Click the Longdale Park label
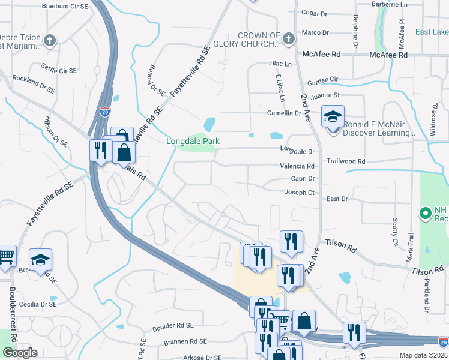(x=193, y=142)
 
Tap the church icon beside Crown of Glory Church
(x=289, y=40)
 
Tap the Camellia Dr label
(x=284, y=113)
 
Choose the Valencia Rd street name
(x=297, y=166)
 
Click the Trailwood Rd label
(x=346, y=161)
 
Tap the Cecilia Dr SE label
(x=37, y=304)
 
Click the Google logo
(x=20, y=353)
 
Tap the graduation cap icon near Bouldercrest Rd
(x=41, y=260)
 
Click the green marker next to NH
(x=426, y=213)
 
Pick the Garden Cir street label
(x=323, y=80)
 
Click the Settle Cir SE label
(x=58, y=70)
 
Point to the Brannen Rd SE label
(x=185, y=341)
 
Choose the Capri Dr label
(x=302, y=179)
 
